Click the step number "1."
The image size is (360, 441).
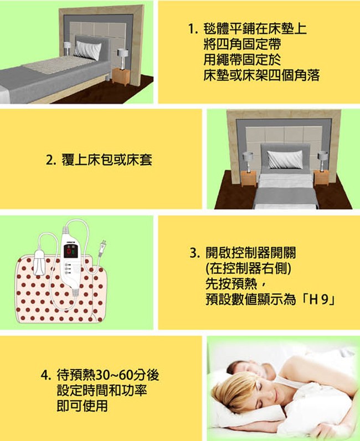click(193, 29)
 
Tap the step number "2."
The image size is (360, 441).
click(51, 160)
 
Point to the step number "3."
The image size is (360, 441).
click(195, 253)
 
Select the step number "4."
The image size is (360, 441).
click(46, 375)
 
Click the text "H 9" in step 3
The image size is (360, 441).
click(319, 299)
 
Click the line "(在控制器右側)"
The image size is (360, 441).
click(248, 268)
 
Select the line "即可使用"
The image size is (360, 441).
click(82, 406)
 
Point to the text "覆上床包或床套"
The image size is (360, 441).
click(107, 160)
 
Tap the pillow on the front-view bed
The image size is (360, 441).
click(285, 159)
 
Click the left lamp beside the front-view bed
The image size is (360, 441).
click(248, 162)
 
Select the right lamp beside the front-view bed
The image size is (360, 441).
click(322, 160)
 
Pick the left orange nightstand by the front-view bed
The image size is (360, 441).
click(249, 178)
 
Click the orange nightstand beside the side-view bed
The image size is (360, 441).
click(121, 77)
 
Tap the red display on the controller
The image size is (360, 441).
click(70, 251)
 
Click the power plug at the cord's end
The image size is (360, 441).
click(102, 248)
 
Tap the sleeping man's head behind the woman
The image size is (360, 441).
click(248, 369)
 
